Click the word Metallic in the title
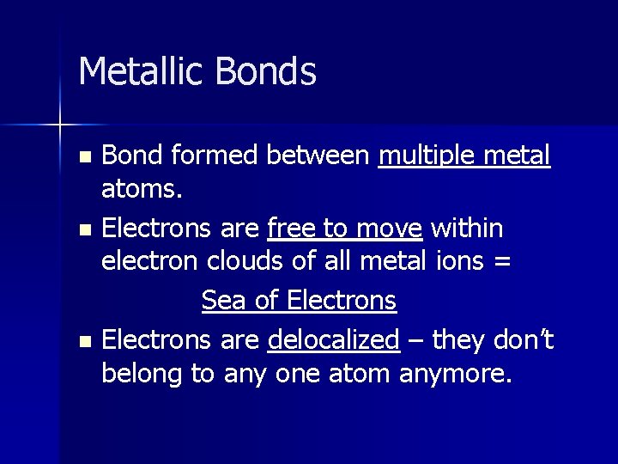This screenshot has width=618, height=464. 135,71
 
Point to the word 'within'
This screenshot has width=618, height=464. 467,229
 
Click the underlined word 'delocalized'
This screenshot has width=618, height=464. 333,340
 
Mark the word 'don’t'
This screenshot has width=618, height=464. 524,339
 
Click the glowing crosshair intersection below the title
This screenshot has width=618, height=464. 60,125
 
